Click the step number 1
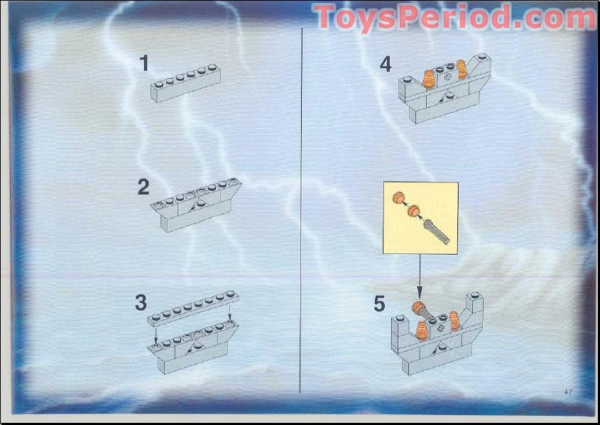[x=144, y=64]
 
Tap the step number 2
[x=143, y=187]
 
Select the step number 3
[x=141, y=302]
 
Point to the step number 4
[x=386, y=65]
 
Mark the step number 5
[x=379, y=304]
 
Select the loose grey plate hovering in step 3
[x=192, y=307]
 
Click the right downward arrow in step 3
[x=229, y=312]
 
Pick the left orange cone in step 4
[x=429, y=78]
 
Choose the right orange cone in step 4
[x=462, y=70]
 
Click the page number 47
[x=568, y=392]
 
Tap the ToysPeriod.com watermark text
[x=454, y=17]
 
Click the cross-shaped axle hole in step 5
[x=442, y=328]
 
